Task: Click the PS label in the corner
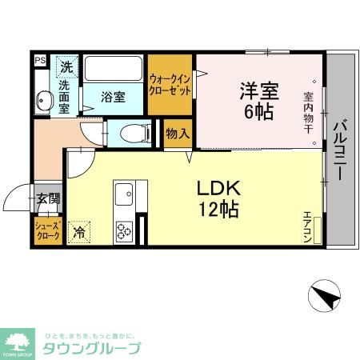pyautogui.click(x=39, y=59)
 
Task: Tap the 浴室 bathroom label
pyautogui.click(x=113, y=98)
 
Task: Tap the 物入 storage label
pyautogui.click(x=176, y=133)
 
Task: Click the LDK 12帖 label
pyautogui.click(x=218, y=199)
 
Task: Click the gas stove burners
pyautogui.click(x=125, y=231)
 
